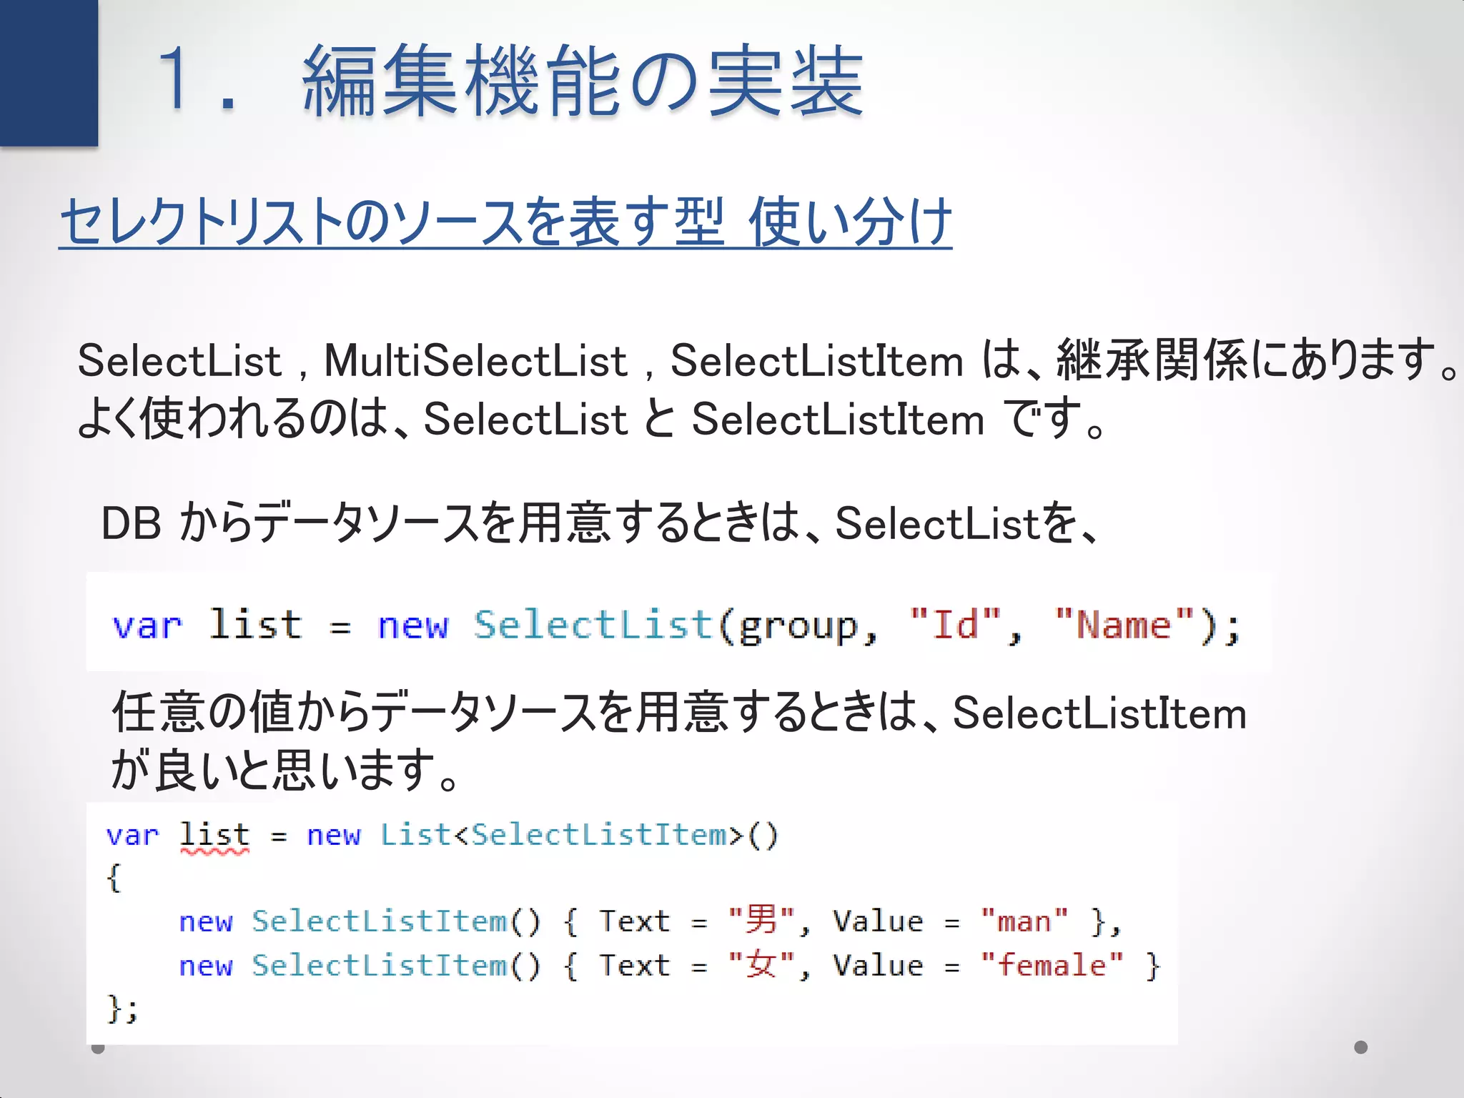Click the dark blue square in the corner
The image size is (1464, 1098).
click(x=49, y=71)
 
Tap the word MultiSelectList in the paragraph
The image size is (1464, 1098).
click(x=475, y=360)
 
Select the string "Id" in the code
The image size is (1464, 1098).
click(x=956, y=625)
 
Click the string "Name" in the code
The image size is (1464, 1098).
click(x=1124, y=625)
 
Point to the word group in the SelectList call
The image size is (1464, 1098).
click(x=797, y=628)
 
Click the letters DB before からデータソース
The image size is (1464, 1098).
click(x=131, y=523)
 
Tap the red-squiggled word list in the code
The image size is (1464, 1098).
click(x=214, y=835)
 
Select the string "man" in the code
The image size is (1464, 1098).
click(x=1024, y=921)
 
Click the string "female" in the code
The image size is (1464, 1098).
click(x=1052, y=966)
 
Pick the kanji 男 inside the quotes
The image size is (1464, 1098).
click(x=761, y=920)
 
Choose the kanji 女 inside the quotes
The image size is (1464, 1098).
click(x=761, y=965)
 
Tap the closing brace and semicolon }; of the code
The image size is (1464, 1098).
click(x=122, y=1009)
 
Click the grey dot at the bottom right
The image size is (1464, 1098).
click(x=1361, y=1047)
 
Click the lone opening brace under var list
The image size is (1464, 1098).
click(x=114, y=878)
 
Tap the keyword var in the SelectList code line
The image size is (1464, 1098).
click(x=147, y=626)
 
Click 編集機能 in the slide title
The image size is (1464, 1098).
click(x=463, y=80)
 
